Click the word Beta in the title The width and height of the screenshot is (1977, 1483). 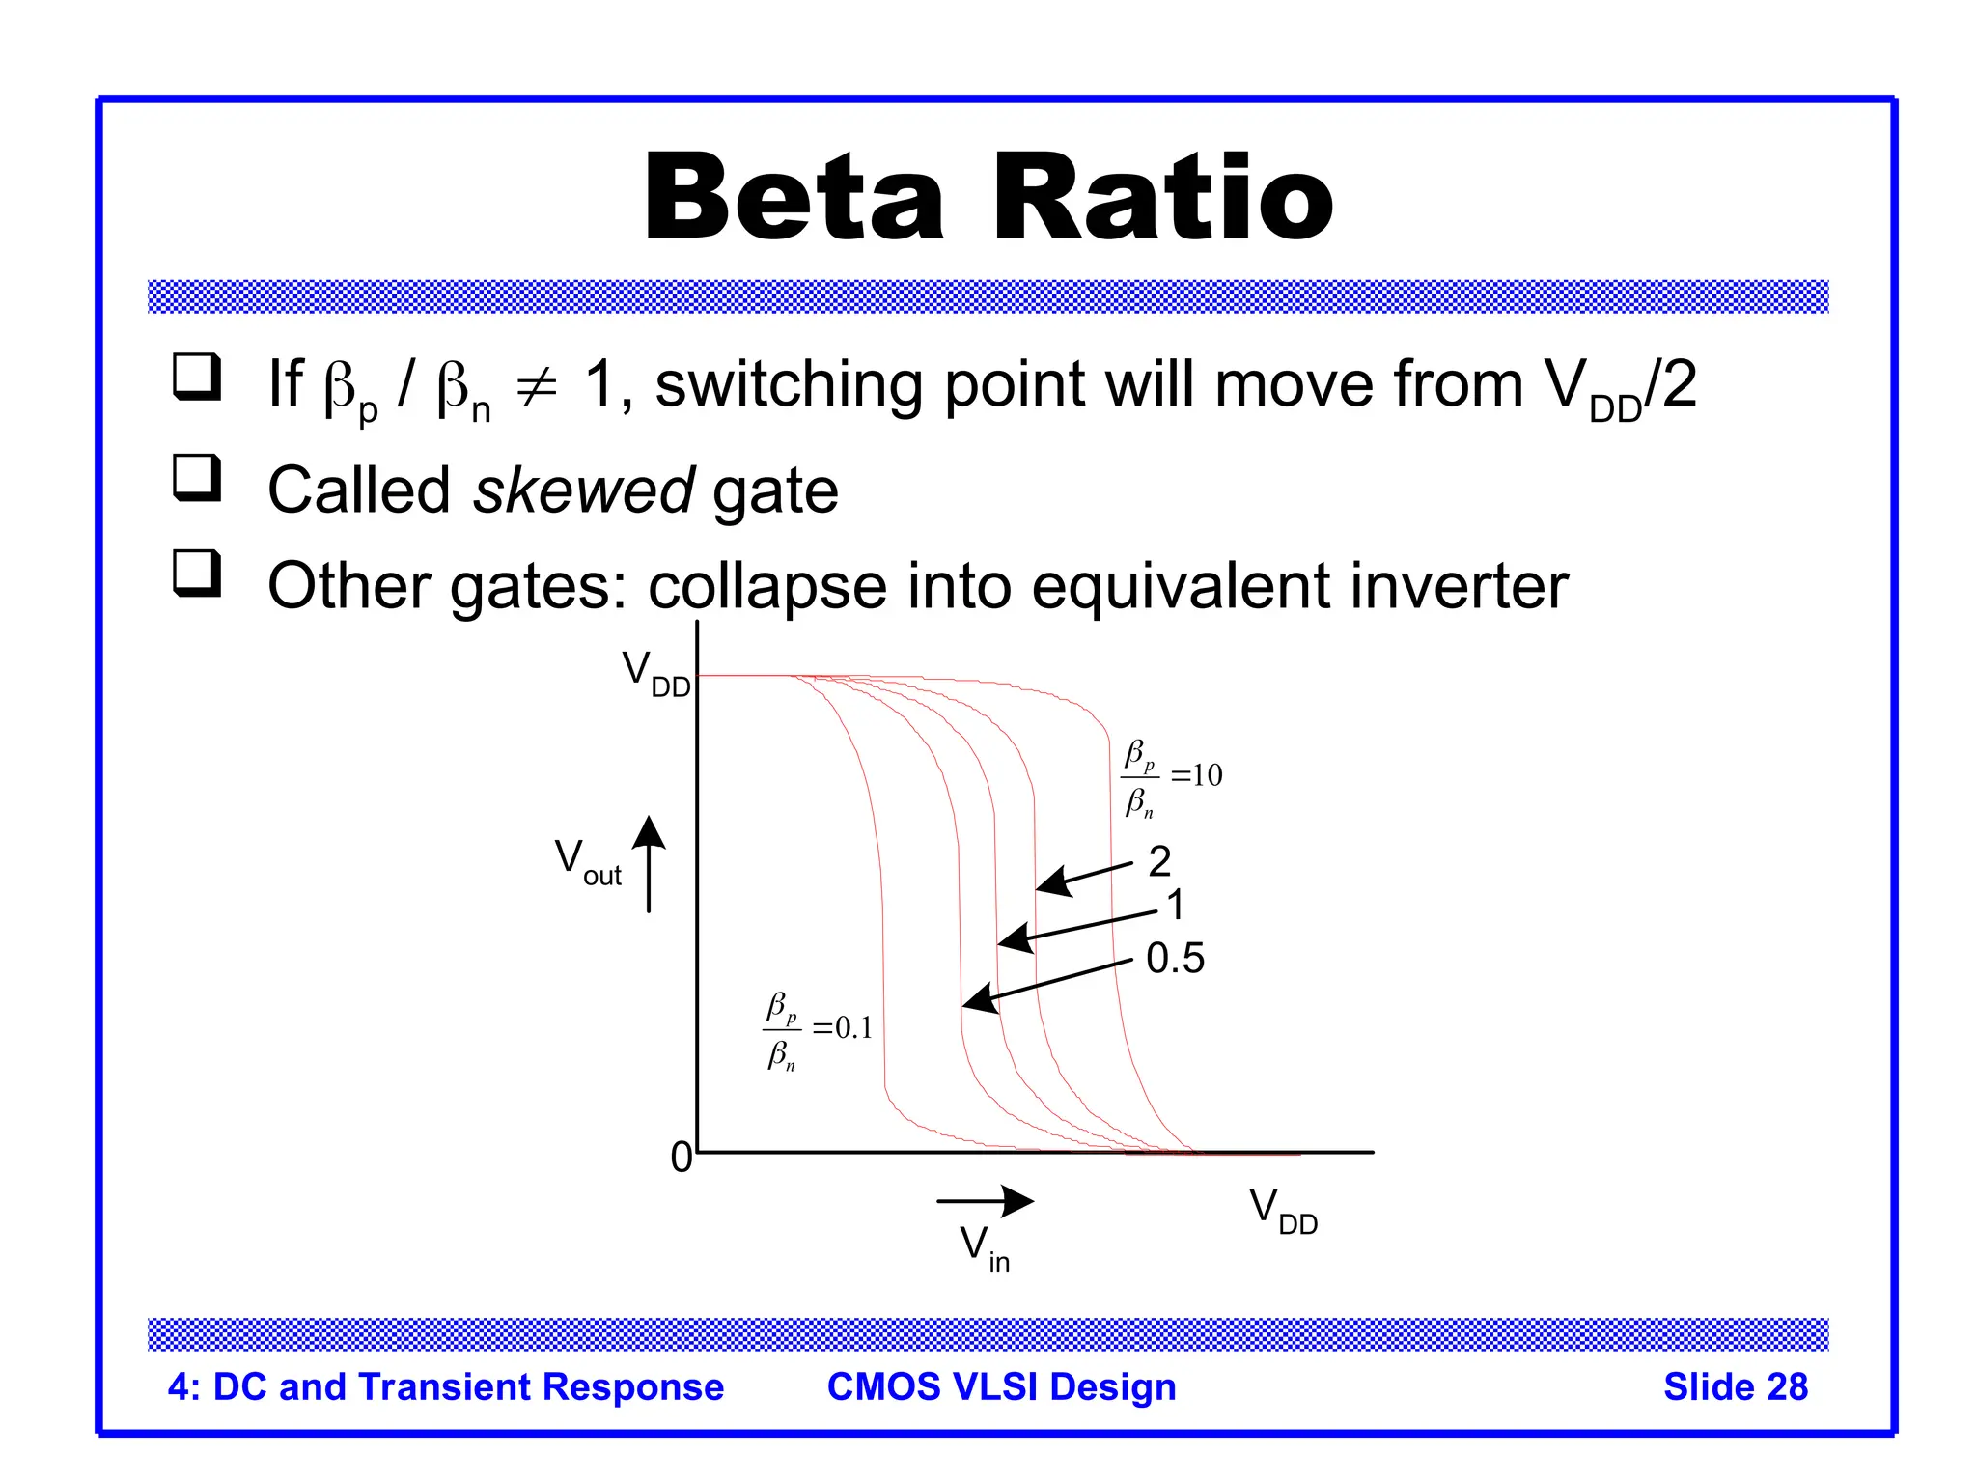point(794,198)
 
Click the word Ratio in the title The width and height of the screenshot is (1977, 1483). point(1162,198)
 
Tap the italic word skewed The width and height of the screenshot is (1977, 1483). point(583,490)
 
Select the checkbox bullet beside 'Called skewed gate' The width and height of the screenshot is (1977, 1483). point(197,477)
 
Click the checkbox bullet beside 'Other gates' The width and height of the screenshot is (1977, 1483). point(197,573)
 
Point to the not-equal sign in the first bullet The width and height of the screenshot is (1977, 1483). point(537,387)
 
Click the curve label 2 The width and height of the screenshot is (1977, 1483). point(1159,860)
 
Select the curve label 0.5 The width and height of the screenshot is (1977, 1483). point(1175,958)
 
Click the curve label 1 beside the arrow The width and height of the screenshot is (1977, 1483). point(1175,906)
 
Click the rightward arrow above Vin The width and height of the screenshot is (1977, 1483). point(986,1201)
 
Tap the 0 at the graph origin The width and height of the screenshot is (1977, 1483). point(682,1156)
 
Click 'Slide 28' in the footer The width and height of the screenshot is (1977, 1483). point(1735,1386)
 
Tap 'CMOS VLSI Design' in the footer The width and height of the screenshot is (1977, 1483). point(1001,1386)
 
